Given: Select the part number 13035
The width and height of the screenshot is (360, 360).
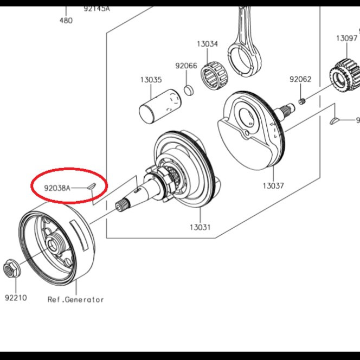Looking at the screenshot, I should [x=151, y=80].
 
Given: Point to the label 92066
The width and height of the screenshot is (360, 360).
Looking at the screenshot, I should [x=186, y=66].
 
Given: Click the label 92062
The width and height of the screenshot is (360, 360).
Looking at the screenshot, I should [x=300, y=79].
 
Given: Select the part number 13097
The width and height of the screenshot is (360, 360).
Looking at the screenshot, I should [x=346, y=38].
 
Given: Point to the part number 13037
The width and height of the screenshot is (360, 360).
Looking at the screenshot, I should [x=273, y=186].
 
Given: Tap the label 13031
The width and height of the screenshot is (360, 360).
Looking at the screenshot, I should [x=200, y=227].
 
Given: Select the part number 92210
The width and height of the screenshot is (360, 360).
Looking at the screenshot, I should [x=16, y=298].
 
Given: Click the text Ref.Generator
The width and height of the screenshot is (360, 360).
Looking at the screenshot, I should [x=75, y=299].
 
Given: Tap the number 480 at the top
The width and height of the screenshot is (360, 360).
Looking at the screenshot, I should [x=66, y=21].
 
